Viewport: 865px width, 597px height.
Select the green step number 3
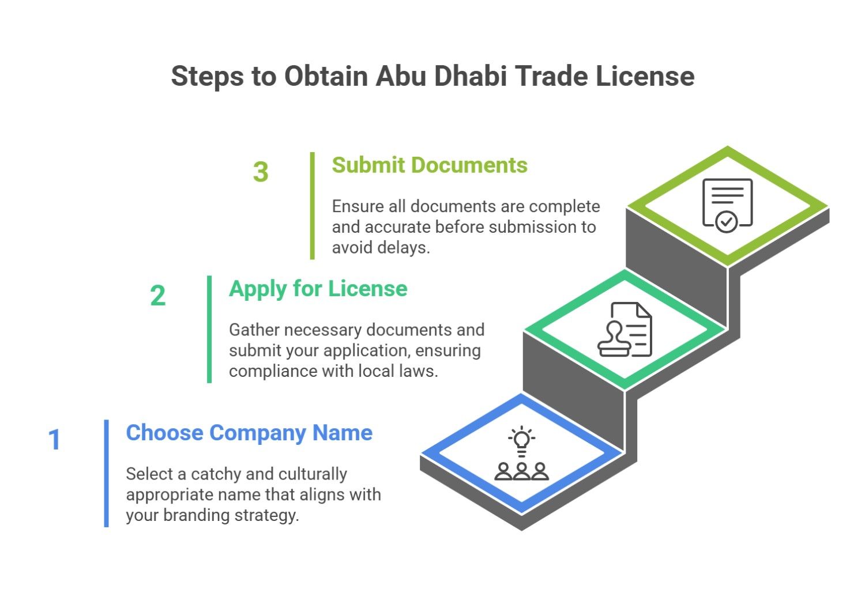click(x=261, y=172)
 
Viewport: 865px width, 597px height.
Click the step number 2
click(x=157, y=296)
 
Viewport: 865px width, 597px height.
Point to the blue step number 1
click(x=55, y=440)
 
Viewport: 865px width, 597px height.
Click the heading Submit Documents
click(x=430, y=165)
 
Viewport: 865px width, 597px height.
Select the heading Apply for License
click(x=318, y=289)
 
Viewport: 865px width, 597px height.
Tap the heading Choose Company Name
click(x=249, y=433)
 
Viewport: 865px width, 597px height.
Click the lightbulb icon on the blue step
click(x=522, y=441)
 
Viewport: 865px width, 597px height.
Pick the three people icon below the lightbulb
click(x=522, y=471)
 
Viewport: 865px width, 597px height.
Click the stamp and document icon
click(x=625, y=330)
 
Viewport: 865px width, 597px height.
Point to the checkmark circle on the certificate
click(x=726, y=221)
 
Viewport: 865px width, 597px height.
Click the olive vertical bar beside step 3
click(x=313, y=206)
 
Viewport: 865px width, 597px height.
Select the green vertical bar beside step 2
click(x=209, y=329)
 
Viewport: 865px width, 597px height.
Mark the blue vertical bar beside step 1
click(x=106, y=473)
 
